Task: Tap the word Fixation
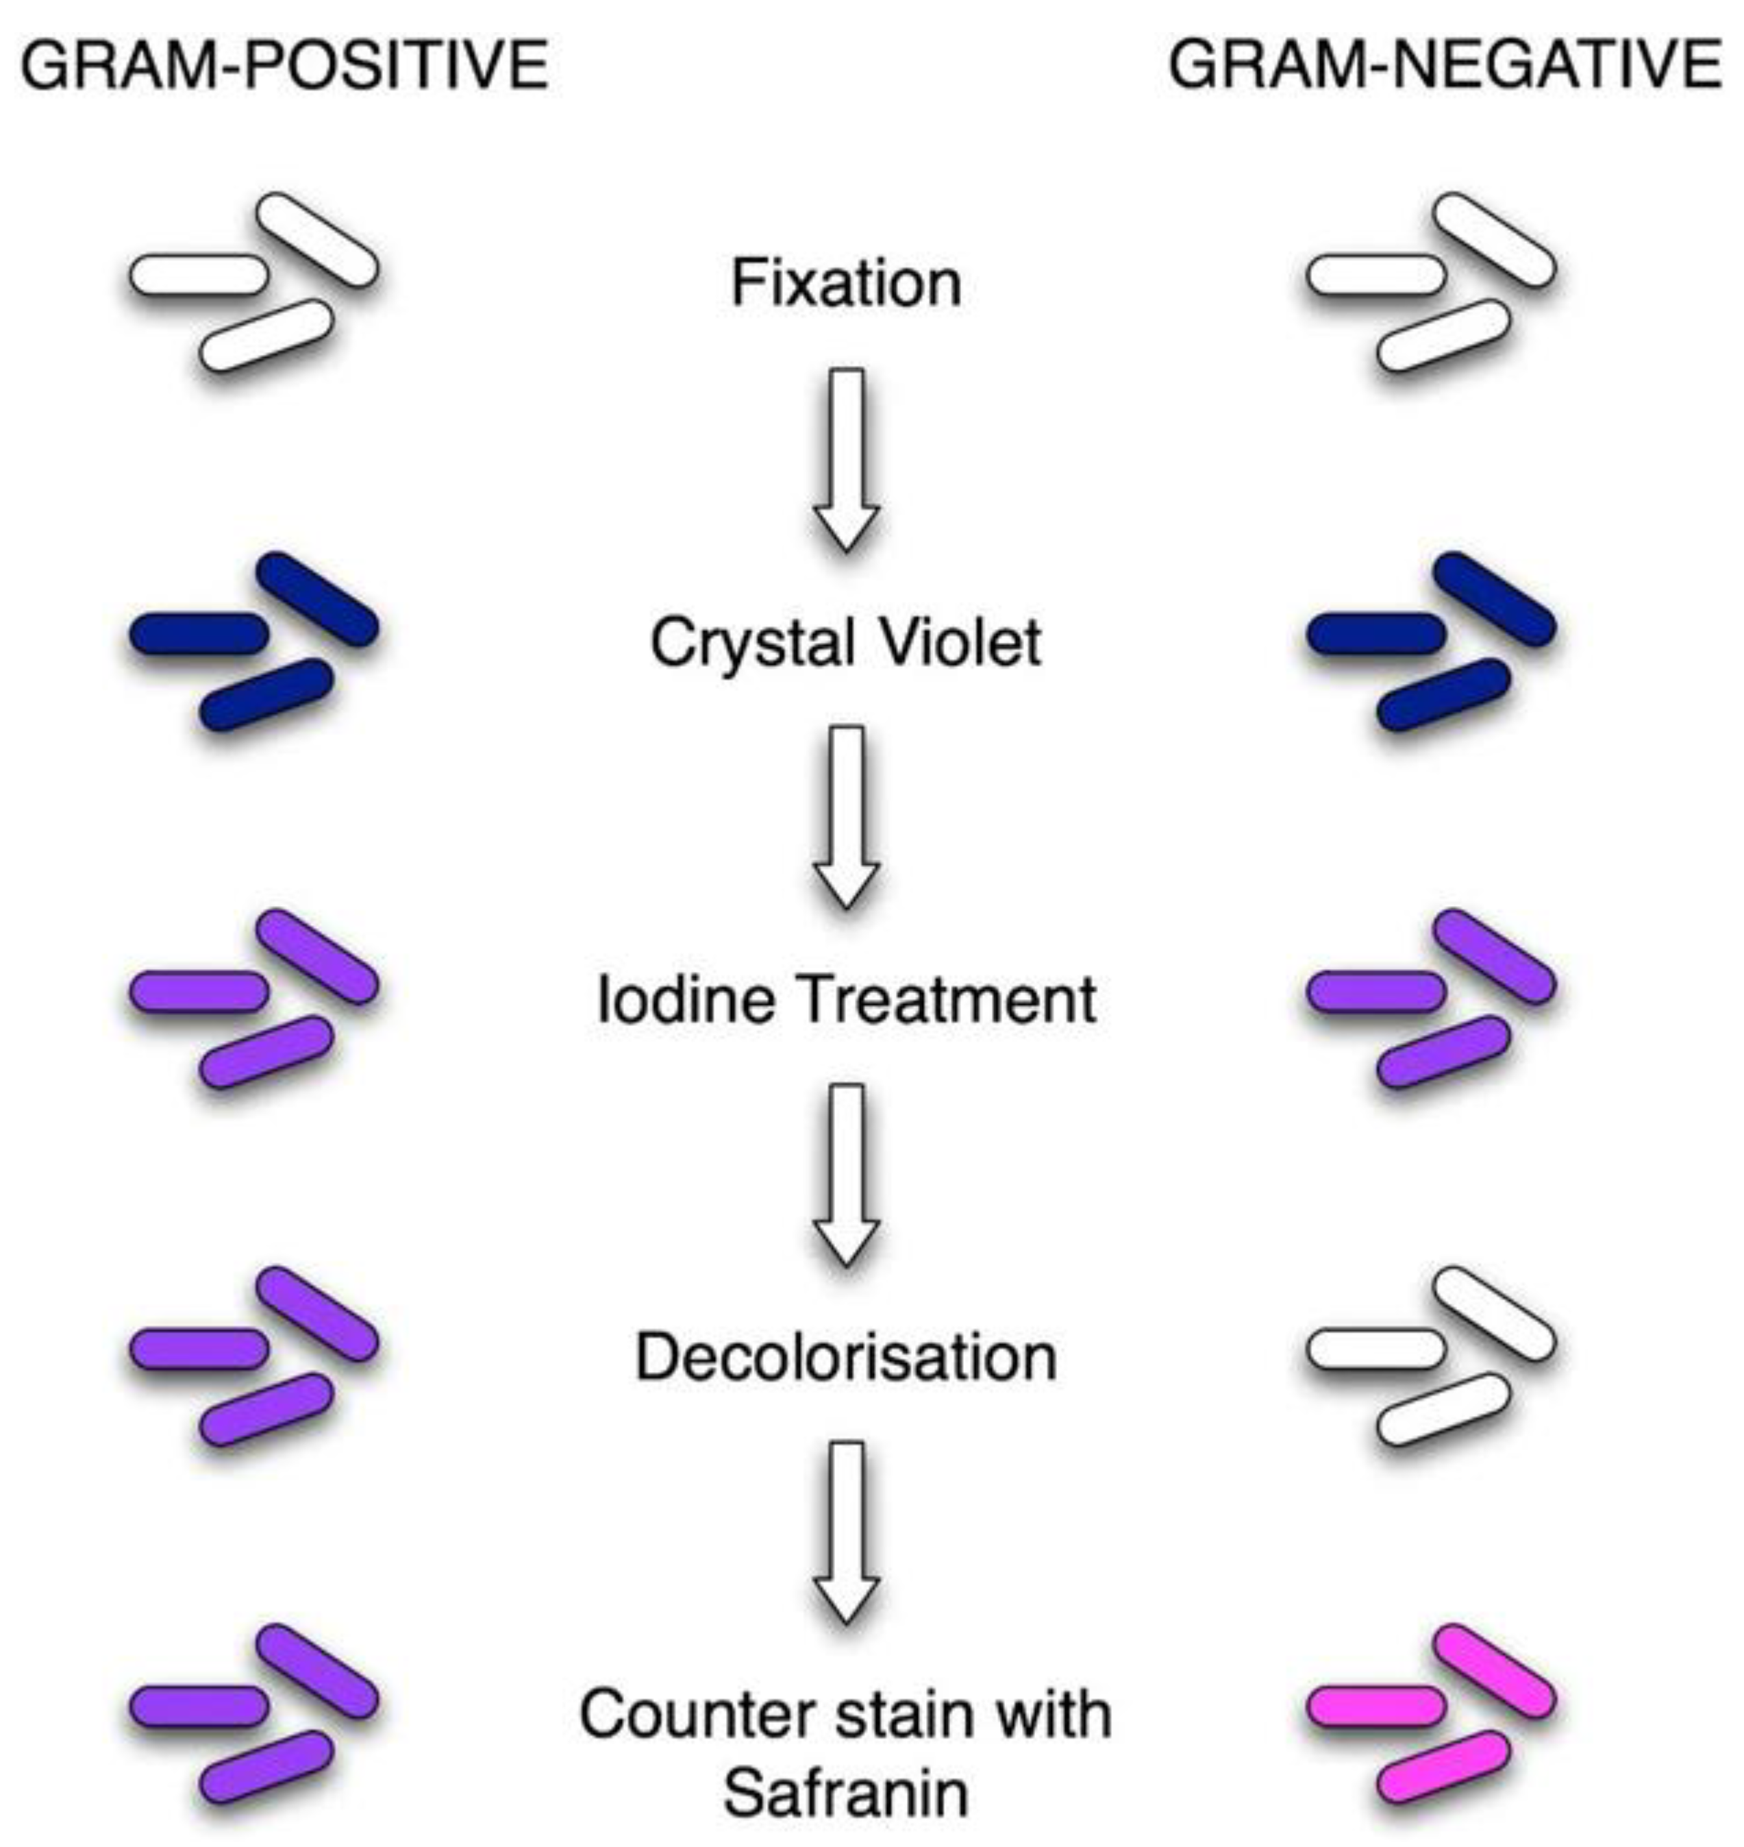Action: [846, 283]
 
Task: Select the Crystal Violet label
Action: [846, 641]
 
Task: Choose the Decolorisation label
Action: [846, 1358]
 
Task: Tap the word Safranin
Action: [846, 1793]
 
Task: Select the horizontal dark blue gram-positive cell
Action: [198, 633]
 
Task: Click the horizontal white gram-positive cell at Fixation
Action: [198, 276]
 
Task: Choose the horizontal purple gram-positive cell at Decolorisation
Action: [198, 1347]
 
